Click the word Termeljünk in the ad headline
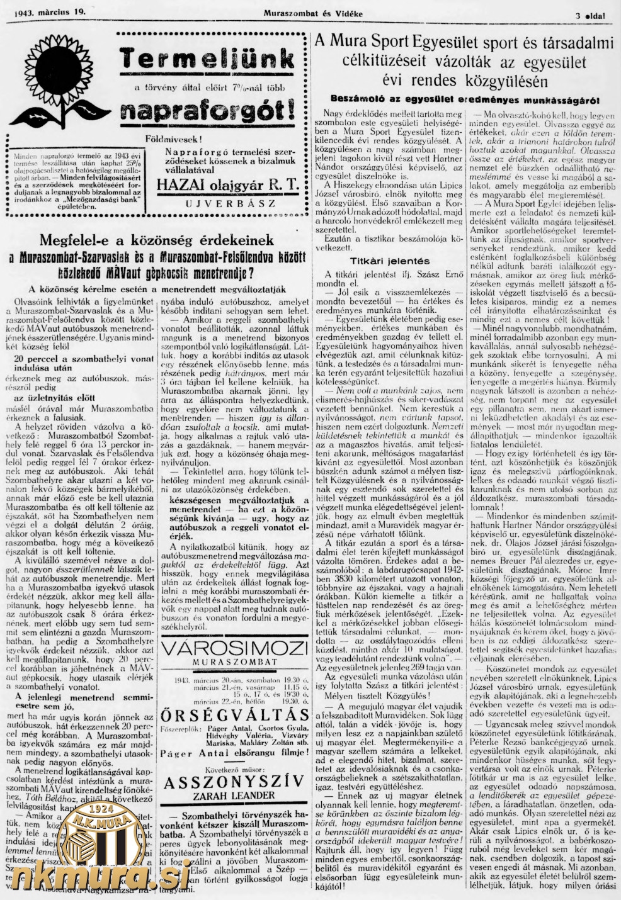click(x=208, y=60)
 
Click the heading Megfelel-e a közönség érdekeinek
click(x=157, y=240)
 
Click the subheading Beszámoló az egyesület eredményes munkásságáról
click(x=465, y=100)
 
